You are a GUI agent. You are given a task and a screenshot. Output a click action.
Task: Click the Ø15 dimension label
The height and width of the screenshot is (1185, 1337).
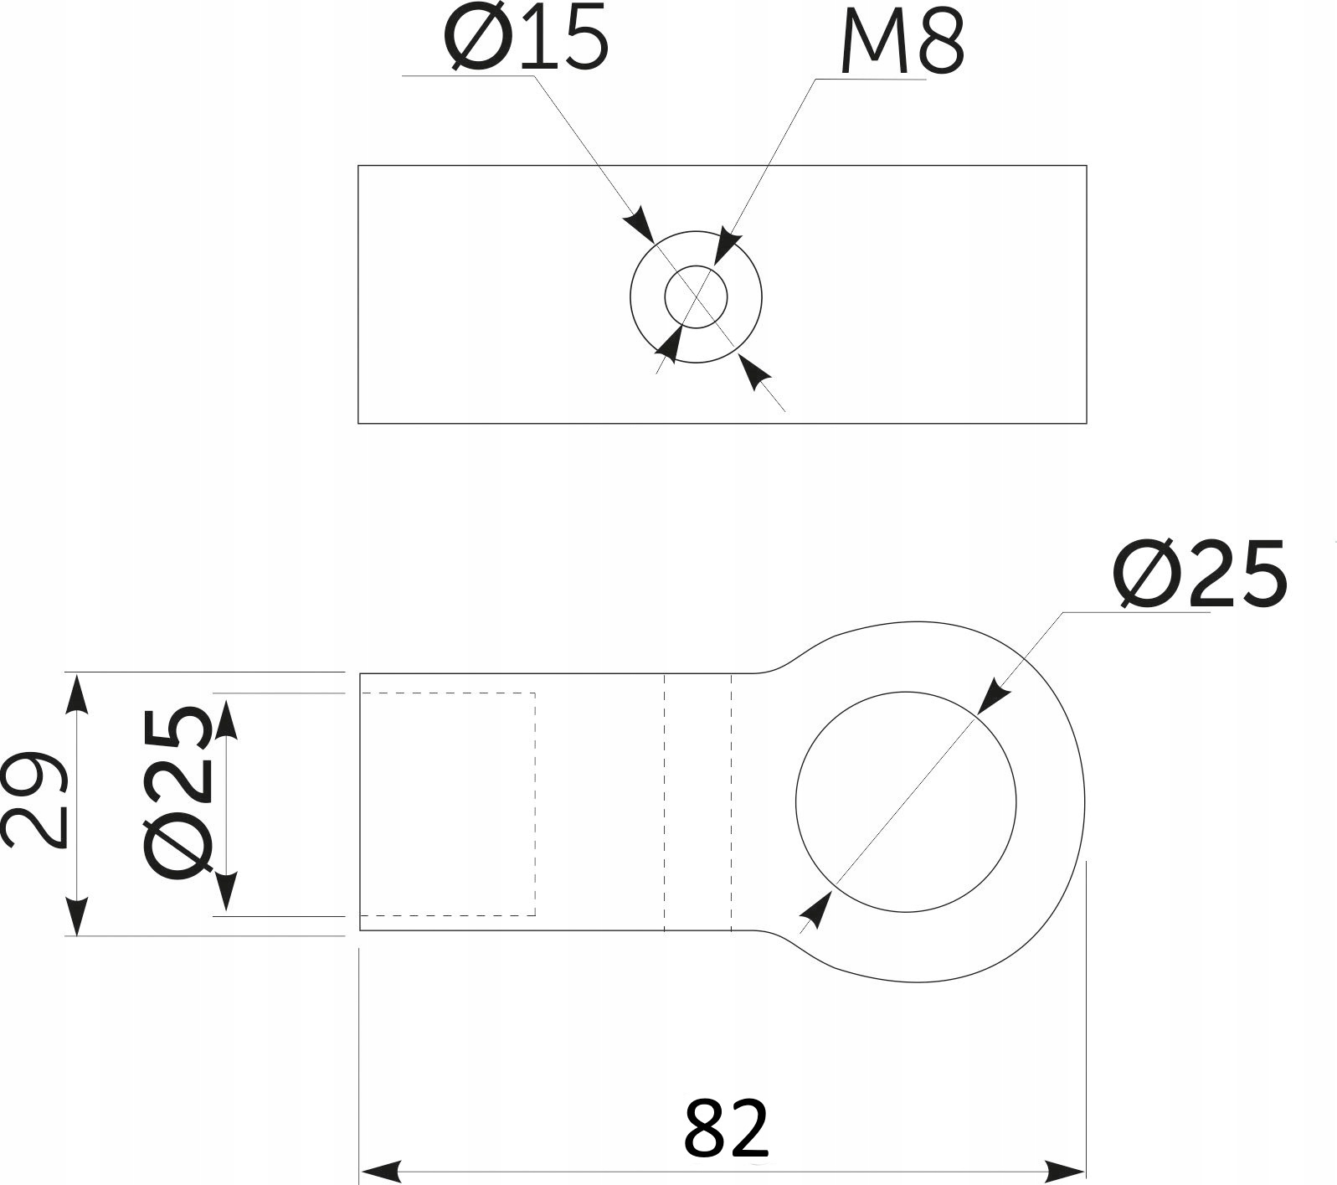click(x=527, y=39)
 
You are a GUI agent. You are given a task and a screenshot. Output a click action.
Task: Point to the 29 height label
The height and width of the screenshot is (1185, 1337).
click(x=34, y=802)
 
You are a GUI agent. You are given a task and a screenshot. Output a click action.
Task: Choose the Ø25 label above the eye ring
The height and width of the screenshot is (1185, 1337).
click(x=1199, y=574)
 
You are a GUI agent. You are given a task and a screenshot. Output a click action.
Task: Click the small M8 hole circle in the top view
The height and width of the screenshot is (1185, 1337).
click(x=696, y=296)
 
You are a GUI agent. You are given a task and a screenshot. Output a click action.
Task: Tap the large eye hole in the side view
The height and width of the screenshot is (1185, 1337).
click(x=907, y=801)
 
